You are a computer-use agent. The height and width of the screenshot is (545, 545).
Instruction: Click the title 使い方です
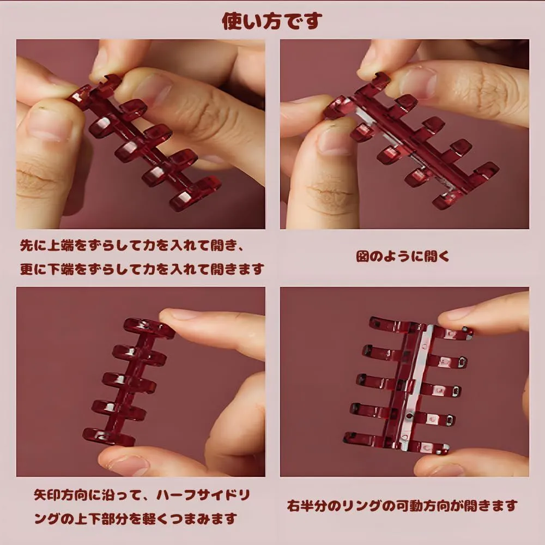tap(272, 21)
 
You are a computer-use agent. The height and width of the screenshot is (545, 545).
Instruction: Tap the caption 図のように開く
tap(403, 257)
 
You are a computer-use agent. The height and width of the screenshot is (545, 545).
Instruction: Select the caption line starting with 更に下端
tap(142, 269)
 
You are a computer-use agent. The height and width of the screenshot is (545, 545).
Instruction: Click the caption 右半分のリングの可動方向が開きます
tap(403, 506)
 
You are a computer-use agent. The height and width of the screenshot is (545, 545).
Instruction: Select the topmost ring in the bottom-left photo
tap(149, 328)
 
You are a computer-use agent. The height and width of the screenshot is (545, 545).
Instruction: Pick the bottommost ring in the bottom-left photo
tap(108, 437)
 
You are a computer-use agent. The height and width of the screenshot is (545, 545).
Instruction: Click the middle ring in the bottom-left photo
tap(129, 380)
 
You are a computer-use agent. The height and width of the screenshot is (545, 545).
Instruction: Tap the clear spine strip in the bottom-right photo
tap(416, 387)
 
